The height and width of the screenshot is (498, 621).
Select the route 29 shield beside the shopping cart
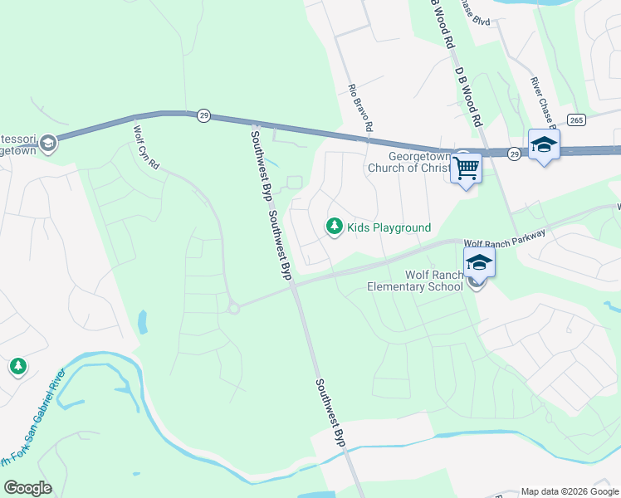coord(514,154)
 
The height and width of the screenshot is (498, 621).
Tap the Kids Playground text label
coord(389,227)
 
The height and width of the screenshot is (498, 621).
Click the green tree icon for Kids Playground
coord(335,226)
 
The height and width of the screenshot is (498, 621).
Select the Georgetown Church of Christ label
coord(409,162)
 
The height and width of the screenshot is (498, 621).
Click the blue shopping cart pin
coord(466,168)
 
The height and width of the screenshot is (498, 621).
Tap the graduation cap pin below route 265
coord(544,144)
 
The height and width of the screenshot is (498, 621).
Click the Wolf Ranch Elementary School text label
coord(416,281)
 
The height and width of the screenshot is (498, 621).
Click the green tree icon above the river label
coord(18,366)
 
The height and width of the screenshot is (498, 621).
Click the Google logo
coord(27,488)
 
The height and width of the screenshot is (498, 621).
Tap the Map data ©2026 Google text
coord(570,491)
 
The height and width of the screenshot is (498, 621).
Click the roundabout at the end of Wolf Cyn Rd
coord(234,308)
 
